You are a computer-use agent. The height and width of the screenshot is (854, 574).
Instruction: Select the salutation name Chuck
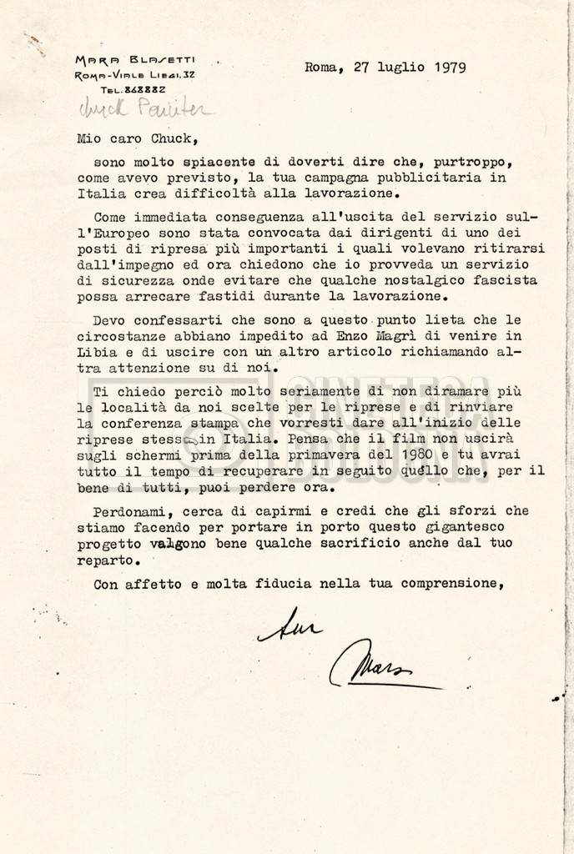(183, 139)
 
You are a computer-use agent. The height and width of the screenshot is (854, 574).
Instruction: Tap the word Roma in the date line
(320, 68)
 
